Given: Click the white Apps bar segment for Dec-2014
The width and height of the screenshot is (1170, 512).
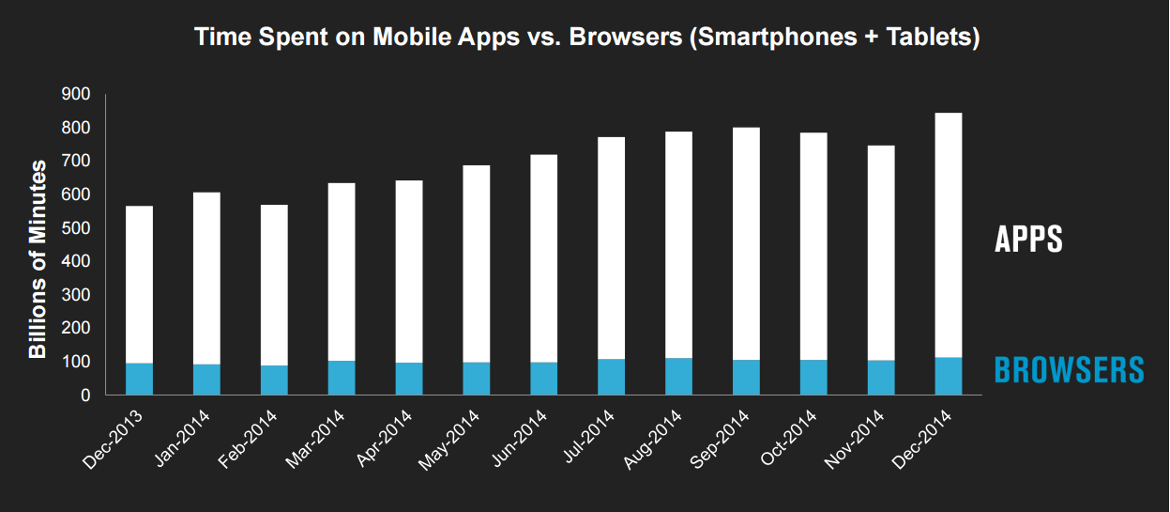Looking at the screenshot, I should [x=949, y=235].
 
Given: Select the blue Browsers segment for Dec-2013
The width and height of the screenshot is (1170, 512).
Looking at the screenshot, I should [x=139, y=379].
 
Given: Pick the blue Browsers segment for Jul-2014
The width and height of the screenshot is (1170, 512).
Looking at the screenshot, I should [x=612, y=377].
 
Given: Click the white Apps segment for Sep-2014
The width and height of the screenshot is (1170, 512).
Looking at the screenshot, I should [x=746, y=243].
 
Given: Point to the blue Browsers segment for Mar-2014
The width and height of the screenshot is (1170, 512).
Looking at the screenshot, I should [x=342, y=378].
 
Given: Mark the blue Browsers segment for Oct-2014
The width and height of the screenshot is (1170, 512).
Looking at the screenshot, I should [x=813, y=378].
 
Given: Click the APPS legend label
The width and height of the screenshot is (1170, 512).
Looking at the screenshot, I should [x=1028, y=240].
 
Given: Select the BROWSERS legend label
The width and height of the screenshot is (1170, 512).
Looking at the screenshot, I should [x=1069, y=370].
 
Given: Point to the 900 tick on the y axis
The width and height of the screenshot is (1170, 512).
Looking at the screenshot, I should [x=76, y=94].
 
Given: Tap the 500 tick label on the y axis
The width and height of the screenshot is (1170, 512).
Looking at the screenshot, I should [x=76, y=228].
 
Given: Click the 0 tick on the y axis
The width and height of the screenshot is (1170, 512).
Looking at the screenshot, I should [x=84, y=396].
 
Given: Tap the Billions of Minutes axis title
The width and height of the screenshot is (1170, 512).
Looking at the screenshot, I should [x=38, y=259].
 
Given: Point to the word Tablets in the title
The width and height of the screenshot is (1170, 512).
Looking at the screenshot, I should [x=925, y=39].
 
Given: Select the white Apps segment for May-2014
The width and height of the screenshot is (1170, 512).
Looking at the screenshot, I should [x=477, y=264].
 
